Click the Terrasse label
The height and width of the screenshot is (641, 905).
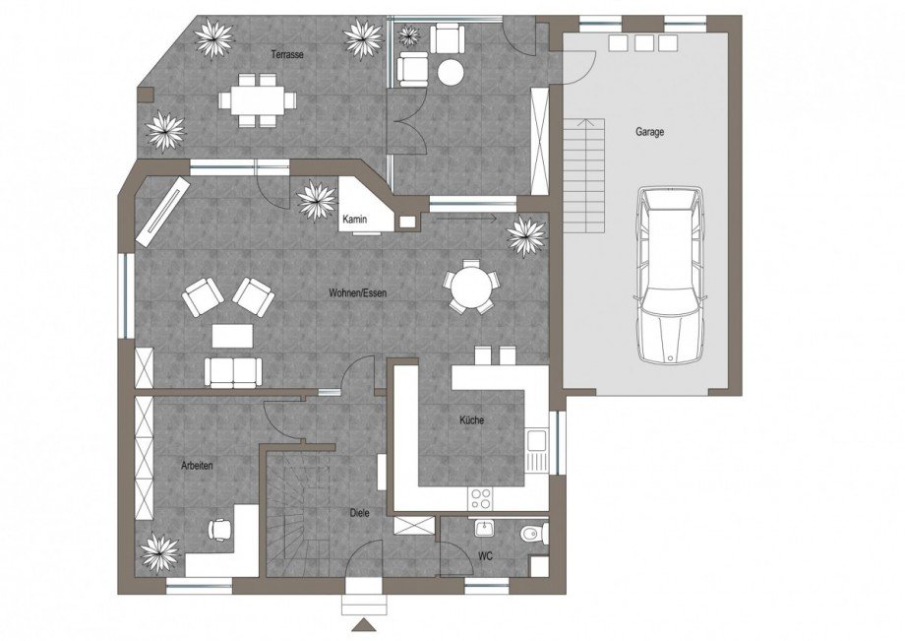point(287,55)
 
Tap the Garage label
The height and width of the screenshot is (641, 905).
point(650,132)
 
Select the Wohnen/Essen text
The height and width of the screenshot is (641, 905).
point(358,292)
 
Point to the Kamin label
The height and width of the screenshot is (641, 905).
point(354,220)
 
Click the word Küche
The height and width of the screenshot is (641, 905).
point(471,419)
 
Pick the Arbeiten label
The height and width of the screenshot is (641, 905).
point(197,465)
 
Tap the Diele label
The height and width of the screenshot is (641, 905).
point(360,513)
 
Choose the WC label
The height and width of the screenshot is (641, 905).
point(485,556)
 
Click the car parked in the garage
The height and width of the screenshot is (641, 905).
point(670,275)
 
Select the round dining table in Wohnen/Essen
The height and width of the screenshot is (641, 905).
point(472,287)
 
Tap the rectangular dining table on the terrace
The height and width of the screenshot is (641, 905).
point(257,100)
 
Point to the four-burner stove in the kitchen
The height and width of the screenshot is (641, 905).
point(481,499)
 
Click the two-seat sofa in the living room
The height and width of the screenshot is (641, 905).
point(233,372)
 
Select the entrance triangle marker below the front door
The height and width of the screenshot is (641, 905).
point(364,625)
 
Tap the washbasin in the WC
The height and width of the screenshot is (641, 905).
point(484,528)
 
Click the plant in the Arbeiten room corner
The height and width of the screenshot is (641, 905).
point(160,553)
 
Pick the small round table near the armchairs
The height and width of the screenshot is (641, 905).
point(451,72)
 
